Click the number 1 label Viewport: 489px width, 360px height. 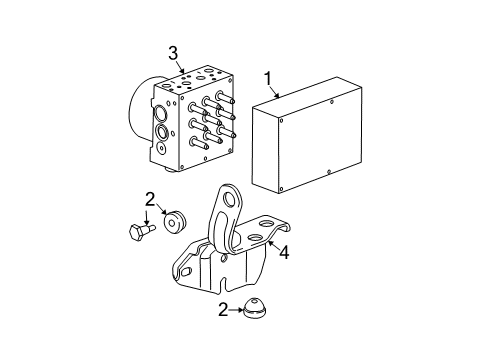point(267,77)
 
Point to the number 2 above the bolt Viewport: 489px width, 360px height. point(149,198)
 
